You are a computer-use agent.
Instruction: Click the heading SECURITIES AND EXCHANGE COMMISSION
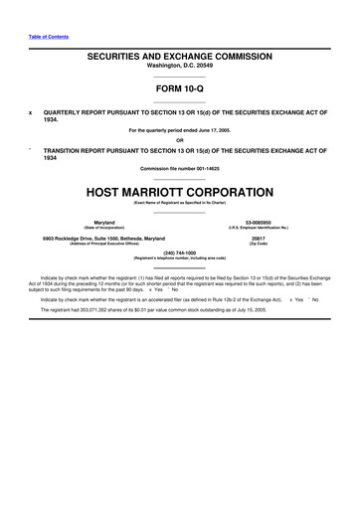coord(180,58)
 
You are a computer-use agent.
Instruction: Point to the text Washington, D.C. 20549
coord(180,69)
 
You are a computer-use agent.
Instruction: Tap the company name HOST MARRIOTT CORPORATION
coord(180,190)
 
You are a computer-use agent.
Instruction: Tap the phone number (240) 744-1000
coord(180,253)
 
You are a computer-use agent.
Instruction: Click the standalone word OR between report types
coord(180,139)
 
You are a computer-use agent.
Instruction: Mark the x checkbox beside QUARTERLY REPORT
coord(31,112)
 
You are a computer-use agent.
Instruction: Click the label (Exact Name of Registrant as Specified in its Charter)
coord(180,202)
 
